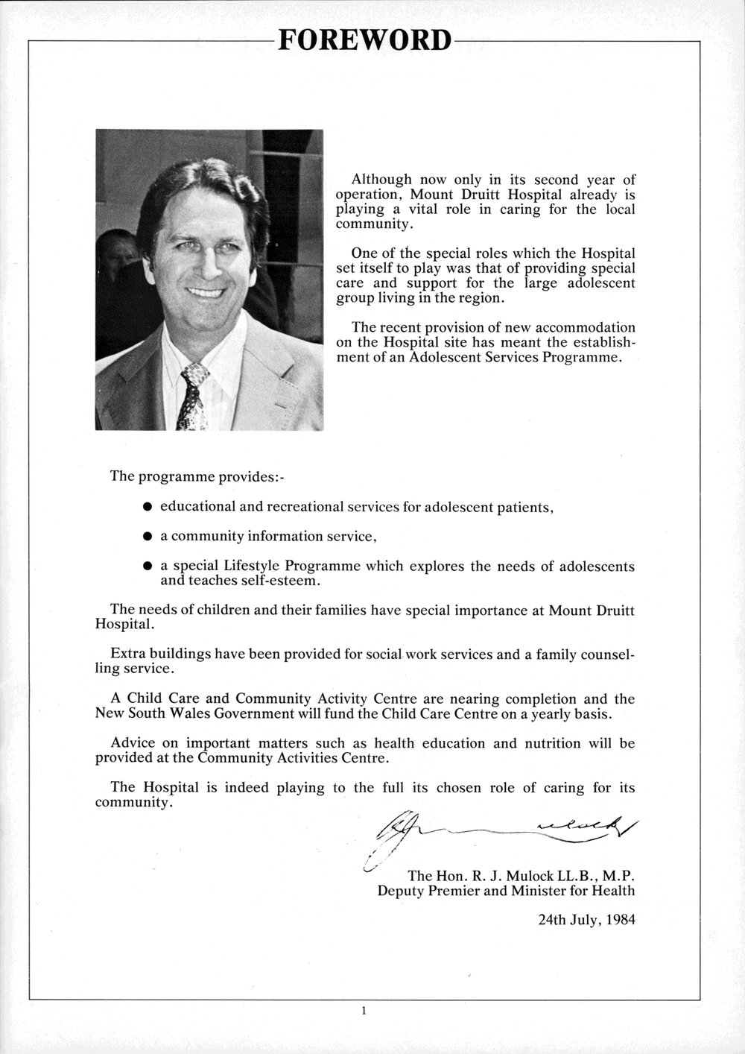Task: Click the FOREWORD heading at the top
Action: pos(364,40)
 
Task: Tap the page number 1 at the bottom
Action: pos(364,1012)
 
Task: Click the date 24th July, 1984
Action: pos(586,919)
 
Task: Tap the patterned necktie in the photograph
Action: pos(191,395)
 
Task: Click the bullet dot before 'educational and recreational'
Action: pos(148,507)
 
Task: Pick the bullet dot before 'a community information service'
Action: pos(148,537)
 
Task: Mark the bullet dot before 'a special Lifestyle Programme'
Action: pos(148,567)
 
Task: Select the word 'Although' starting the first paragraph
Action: pos(381,180)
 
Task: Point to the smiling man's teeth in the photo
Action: pos(204,292)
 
